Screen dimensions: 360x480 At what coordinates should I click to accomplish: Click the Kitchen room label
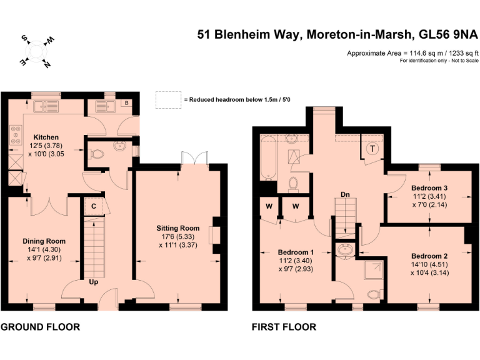[x=46, y=137]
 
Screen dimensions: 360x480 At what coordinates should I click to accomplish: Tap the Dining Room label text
[x=44, y=241]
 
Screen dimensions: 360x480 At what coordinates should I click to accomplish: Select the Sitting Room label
[x=178, y=228]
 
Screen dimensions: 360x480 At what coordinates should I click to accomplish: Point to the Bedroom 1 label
[x=292, y=253]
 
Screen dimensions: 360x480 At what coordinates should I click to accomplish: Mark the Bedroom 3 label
[x=429, y=187]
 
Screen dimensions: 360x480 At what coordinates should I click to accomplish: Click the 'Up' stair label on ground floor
[x=93, y=282]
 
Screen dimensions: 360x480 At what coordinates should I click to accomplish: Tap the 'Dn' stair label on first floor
[x=344, y=194]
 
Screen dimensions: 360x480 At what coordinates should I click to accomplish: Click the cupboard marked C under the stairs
[x=93, y=206]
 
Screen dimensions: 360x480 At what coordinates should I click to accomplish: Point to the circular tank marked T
[x=373, y=149]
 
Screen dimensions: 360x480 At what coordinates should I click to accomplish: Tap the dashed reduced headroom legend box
[x=167, y=99]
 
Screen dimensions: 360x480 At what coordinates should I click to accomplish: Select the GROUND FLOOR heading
[x=40, y=327]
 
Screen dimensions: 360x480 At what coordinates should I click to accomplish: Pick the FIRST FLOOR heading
[x=284, y=327]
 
